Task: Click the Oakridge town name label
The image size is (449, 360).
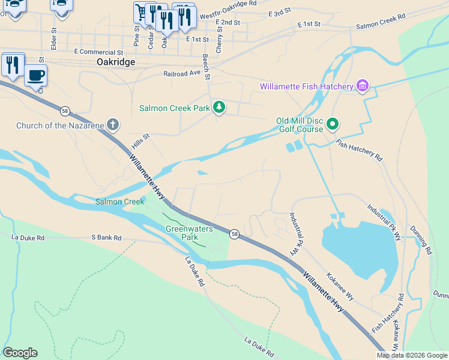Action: tap(115, 62)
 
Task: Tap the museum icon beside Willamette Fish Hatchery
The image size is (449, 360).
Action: tap(362, 86)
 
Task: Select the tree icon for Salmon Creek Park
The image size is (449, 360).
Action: tap(220, 108)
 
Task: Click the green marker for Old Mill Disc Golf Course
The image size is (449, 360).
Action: tap(333, 125)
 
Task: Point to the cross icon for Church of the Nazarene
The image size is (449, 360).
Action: tap(112, 125)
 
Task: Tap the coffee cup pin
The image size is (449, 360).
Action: tap(35, 76)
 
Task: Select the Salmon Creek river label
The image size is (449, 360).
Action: tap(119, 202)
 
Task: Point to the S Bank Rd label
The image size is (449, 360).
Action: tap(106, 238)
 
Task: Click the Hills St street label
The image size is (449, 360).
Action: tap(140, 142)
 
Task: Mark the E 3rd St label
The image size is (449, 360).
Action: tap(280, 13)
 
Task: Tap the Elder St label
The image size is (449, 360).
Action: tap(54, 37)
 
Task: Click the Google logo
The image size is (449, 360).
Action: tap(20, 353)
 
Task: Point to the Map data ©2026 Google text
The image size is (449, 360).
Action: tap(411, 355)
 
